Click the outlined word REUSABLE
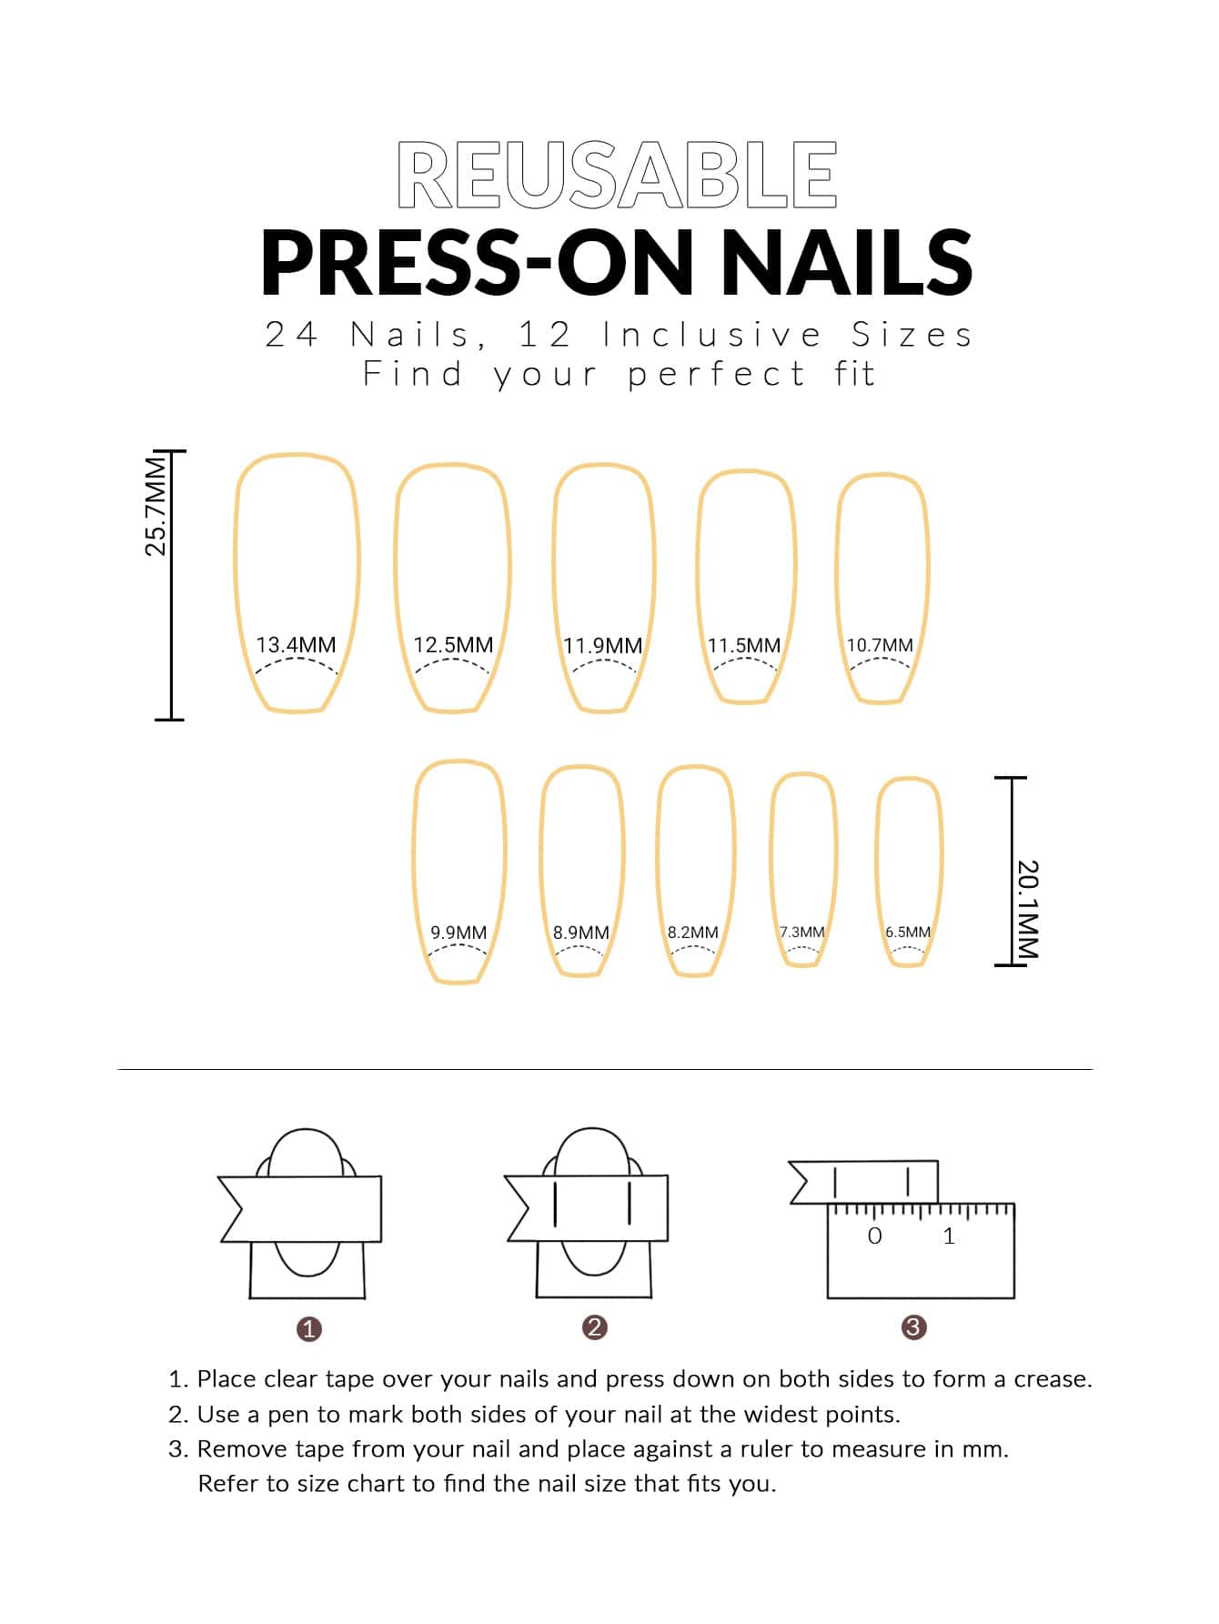click(617, 176)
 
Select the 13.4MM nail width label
click(296, 645)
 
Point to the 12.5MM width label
click(453, 645)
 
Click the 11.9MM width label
click(602, 646)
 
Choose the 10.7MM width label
click(880, 645)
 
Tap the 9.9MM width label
click(458, 933)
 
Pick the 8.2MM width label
click(692, 933)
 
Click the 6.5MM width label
click(908, 932)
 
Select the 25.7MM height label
click(156, 506)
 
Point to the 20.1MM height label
click(1027, 908)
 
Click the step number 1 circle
click(309, 1329)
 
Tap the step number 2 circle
click(594, 1327)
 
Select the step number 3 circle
click(913, 1327)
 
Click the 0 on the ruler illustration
click(875, 1236)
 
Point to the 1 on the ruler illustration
click(949, 1236)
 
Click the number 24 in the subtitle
click(291, 335)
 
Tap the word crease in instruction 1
click(1053, 1379)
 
